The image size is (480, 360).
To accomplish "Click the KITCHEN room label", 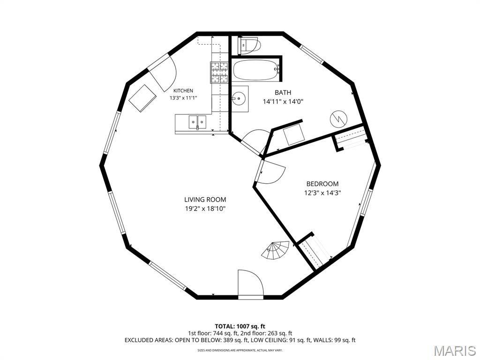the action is [x=183, y=90].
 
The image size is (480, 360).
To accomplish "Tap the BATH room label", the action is [x=283, y=92].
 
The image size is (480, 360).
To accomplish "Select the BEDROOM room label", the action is [x=322, y=184].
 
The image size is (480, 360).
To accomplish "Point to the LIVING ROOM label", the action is [x=205, y=200].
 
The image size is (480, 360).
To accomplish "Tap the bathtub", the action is [x=256, y=70].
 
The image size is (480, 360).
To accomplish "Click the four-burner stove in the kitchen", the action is [x=219, y=72].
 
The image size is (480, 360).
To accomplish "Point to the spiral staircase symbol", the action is [x=276, y=250].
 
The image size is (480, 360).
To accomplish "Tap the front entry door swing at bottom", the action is [x=250, y=283].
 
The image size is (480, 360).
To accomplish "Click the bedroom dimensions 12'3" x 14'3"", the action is [x=322, y=193].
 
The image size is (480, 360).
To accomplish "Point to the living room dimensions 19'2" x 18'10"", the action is [x=205, y=209].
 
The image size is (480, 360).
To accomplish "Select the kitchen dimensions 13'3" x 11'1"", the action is [x=183, y=98].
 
